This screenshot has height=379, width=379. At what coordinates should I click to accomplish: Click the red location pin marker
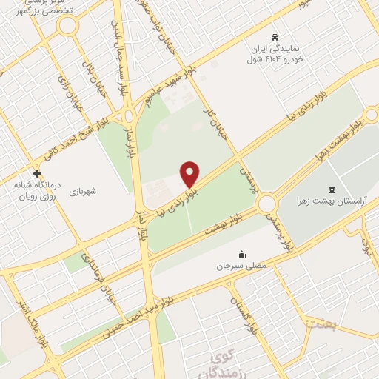point(190,175)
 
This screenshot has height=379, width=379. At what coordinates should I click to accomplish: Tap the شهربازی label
point(91,190)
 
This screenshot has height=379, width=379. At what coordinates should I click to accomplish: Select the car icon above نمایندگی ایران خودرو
point(275,36)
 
